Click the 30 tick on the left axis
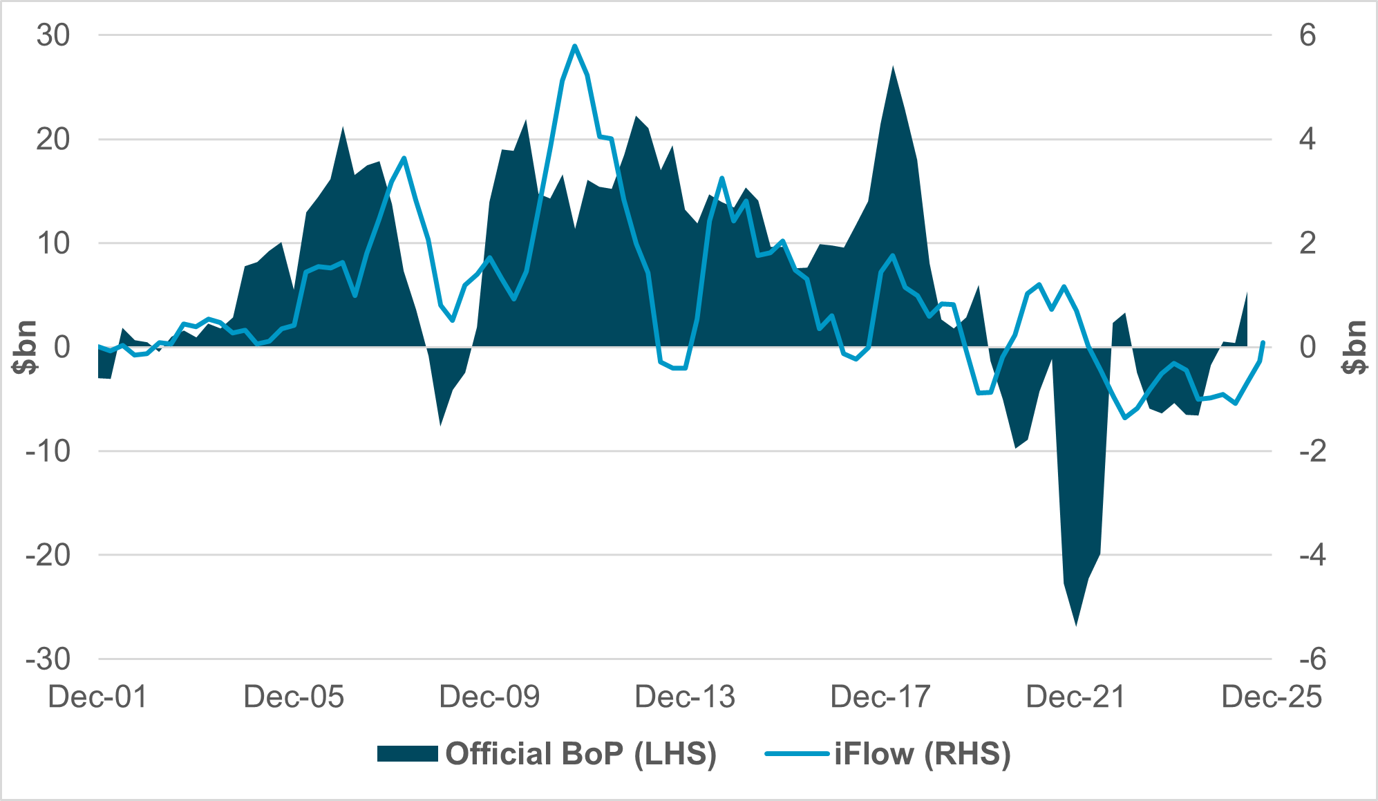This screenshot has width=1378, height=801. [53, 35]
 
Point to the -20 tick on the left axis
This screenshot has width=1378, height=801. [48, 555]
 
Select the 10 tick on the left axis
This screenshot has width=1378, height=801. [53, 243]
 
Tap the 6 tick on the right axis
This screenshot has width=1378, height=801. [1308, 35]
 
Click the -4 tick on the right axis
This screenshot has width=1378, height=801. [1312, 555]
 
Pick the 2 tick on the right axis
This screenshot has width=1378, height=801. [1308, 243]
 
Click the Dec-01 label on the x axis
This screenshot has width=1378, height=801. [97, 697]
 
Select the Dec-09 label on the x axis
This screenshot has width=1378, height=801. [489, 697]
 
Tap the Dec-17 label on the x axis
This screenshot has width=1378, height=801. [880, 697]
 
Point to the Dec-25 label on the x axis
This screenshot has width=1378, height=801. [1272, 697]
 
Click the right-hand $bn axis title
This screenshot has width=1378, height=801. [1355, 347]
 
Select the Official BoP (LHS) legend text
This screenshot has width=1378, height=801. [581, 753]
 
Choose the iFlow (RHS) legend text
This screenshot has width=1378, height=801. [923, 753]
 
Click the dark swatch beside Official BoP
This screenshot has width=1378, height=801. [408, 753]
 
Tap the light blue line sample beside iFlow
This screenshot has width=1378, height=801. [797, 753]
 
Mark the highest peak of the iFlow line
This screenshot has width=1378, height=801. [574, 46]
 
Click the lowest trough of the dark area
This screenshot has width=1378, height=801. [1076, 625]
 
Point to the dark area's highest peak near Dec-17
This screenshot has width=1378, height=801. [893, 67]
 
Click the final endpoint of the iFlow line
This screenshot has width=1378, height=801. [1263, 342]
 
